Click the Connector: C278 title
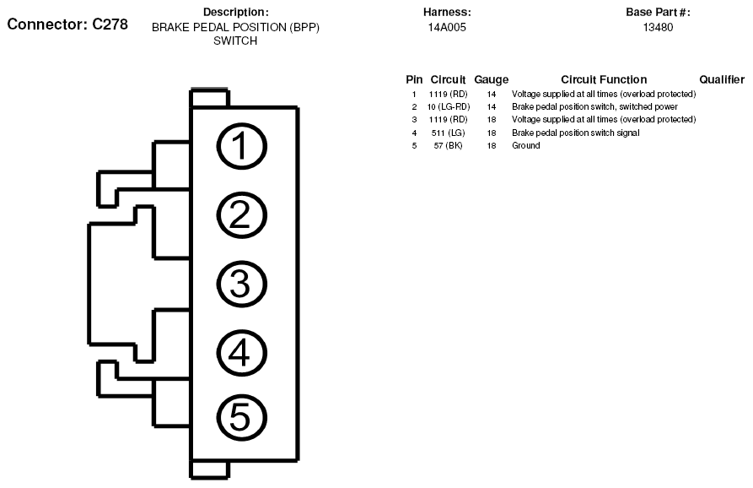pos(67,24)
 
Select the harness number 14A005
pos(447,27)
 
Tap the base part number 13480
pos(658,27)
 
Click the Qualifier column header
pos(722,79)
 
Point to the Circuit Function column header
pos(604,79)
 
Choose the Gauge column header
pos(492,80)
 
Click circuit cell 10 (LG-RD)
pos(449,106)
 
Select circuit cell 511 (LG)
pos(448,133)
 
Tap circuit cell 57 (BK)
pos(448,146)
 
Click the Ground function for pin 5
pos(526,146)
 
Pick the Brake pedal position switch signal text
pos(576,133)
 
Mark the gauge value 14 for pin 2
pos(492,106)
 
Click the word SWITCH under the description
pos(235,41)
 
